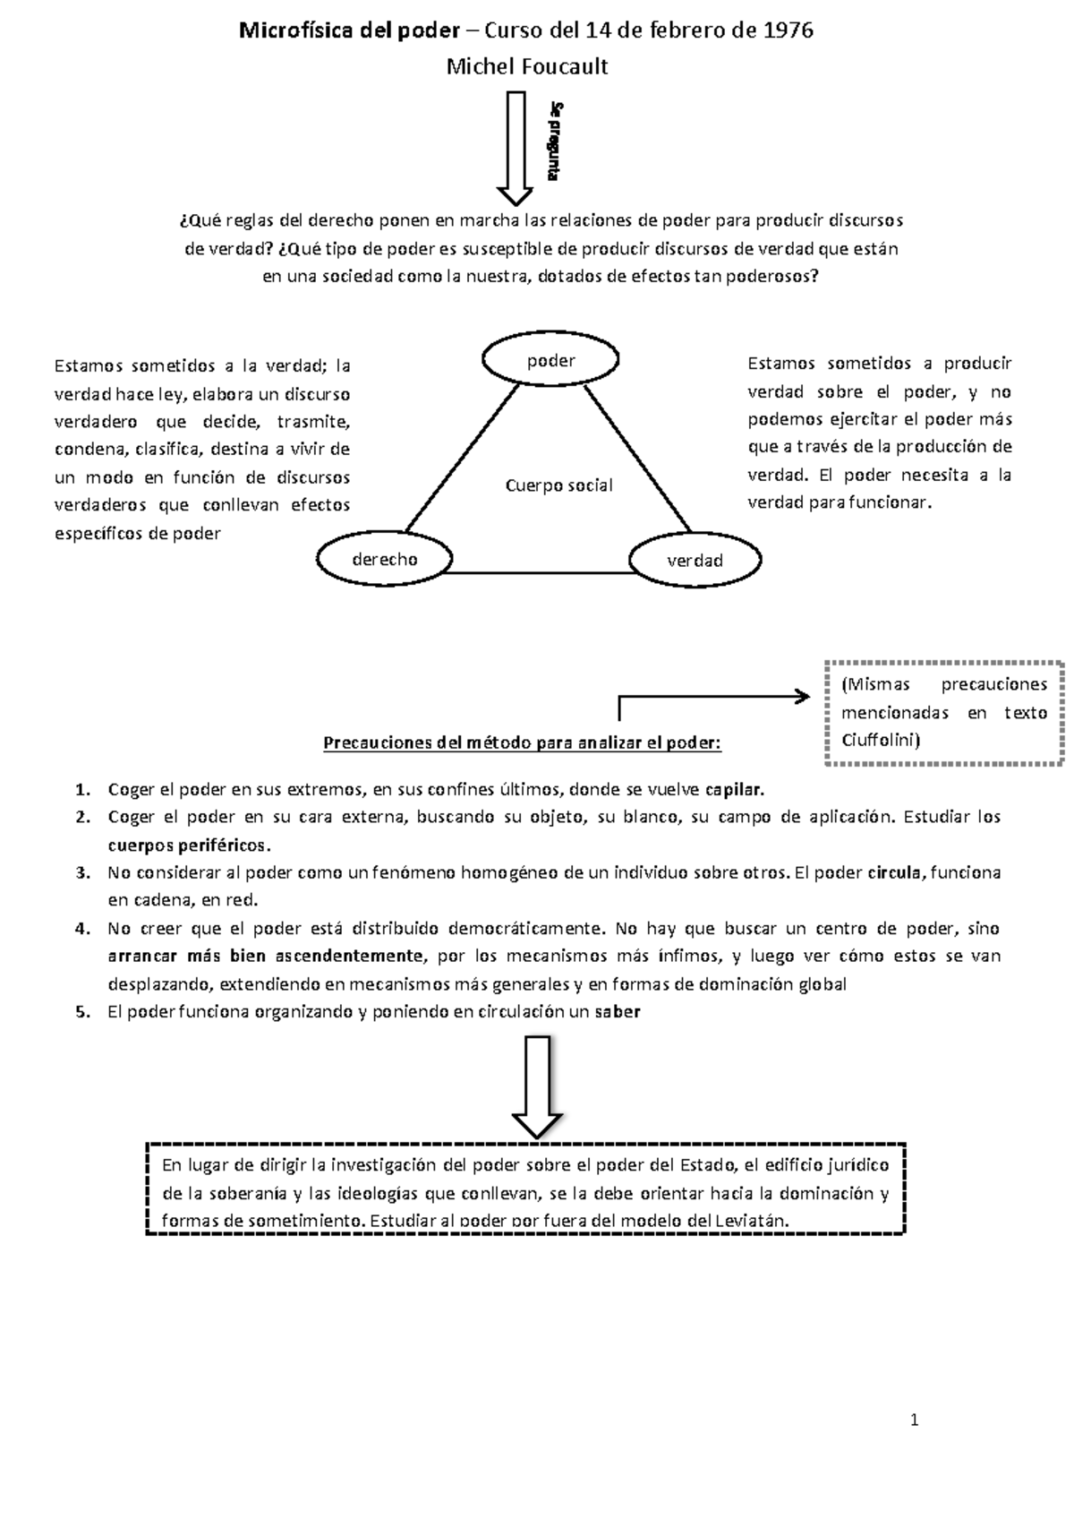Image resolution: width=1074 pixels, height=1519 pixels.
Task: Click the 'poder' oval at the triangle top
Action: tap(550, 360)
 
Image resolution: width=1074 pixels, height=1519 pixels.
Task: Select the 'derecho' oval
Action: tap(384, 559)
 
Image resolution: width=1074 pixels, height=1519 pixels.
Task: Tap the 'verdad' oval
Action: tap(695, 560)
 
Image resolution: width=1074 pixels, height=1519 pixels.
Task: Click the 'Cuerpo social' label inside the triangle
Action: tap(558, 485)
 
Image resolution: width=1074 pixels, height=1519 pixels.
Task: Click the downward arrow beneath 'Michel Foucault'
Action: tap(516, 148)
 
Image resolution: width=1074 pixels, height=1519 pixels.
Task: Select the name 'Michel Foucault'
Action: tap(527, 66)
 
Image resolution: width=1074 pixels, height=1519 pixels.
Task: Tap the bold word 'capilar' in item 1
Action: tap(735, 790)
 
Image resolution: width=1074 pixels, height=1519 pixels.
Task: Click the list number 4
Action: tap(81, 929)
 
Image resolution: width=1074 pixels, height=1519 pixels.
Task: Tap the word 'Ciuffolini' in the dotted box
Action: tap(880, 741)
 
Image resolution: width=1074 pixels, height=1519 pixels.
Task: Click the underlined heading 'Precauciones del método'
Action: tap(521, 742)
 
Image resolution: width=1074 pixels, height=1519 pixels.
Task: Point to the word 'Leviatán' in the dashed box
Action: tap(750, 1221)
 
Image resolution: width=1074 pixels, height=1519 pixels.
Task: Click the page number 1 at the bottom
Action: tap(915, 1420)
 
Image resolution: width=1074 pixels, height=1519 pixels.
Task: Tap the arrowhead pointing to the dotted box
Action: tap(803, 696)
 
